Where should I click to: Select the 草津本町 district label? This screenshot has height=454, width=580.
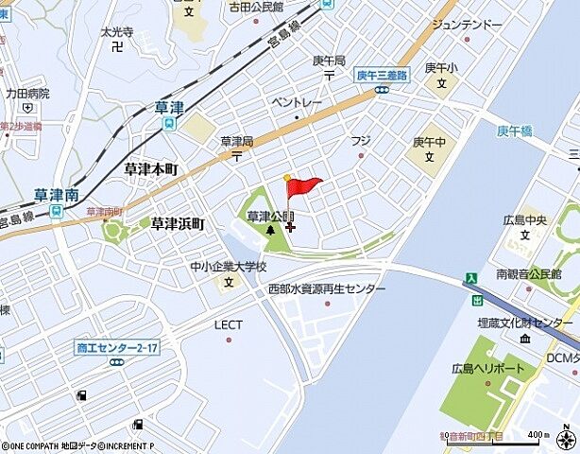click(151, 168)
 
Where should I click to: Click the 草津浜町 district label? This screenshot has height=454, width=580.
click(177, 224)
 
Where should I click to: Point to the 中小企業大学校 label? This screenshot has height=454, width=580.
click(228, 267)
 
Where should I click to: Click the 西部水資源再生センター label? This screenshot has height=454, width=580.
click(327, 288)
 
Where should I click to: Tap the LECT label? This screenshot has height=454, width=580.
click(229, 324)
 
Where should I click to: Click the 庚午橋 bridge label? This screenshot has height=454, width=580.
click(516, 131)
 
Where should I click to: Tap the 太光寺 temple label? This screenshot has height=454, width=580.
click(116, 31)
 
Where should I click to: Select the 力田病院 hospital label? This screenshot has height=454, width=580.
click(26, 94)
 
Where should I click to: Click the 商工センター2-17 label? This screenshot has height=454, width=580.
click(117, 348)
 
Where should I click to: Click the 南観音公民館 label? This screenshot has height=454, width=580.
click(529, 274)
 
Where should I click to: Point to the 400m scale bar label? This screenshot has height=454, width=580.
click(536, 434)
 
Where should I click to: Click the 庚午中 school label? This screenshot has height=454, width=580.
click(428, 142)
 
